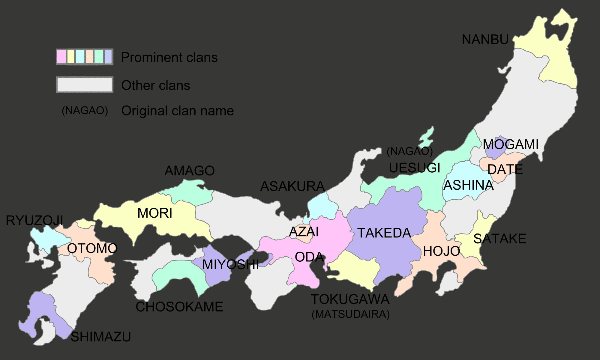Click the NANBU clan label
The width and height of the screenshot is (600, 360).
pos(485,40)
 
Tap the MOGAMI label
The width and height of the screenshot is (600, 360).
pos(511,144)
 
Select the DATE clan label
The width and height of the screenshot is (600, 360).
pos(505,170)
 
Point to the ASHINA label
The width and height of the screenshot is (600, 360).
pos(469,185)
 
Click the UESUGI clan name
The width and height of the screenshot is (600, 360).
pos(415,168)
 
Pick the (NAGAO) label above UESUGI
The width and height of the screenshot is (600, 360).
pos(409,151)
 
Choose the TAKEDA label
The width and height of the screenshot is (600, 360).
pos(384,233)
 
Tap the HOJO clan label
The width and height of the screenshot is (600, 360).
pos(441,251)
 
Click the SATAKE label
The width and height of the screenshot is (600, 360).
pos(499,239)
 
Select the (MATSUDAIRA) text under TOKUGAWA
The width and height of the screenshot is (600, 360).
pos(350,314)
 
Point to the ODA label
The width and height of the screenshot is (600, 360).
pos(309,257)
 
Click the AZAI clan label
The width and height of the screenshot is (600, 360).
pos(304,232)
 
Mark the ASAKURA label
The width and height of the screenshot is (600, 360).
pos(292,186)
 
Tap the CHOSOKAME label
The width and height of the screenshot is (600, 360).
pos(179,307)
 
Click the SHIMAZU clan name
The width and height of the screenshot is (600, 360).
pos(100,337)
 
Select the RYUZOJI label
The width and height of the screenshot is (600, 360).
pos(34,221)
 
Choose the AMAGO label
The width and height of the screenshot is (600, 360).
pos(189,171)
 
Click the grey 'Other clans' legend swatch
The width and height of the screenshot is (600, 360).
pos(85,85)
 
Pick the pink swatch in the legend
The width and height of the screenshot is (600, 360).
pos(61,57)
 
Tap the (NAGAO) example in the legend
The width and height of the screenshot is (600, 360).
pos(85,111)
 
